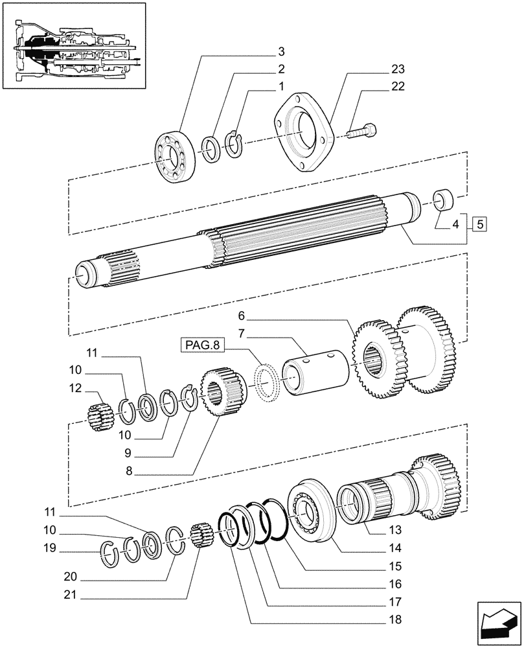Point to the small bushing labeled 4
(443, 199)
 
